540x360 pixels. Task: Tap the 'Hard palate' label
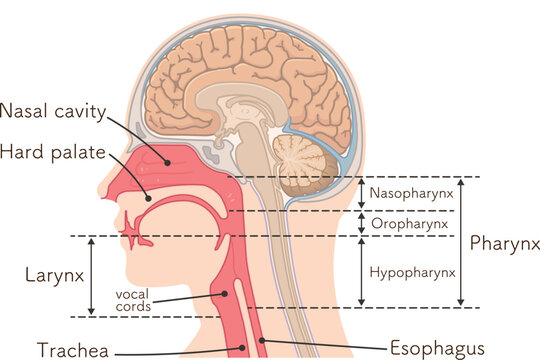click(48, 152)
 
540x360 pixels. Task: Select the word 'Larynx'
click(51, 273)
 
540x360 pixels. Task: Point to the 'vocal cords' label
click(133, 300)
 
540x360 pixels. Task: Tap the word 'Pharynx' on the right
click(504, 243)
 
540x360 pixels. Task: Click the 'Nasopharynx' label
click(412, 192)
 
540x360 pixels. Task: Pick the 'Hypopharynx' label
click(412, 271)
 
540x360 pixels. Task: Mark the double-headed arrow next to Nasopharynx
click(362, 193)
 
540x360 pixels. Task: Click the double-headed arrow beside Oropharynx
click(362, 223)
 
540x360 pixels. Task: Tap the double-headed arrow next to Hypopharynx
click(362, 271)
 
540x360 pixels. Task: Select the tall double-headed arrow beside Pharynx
click(461, 241)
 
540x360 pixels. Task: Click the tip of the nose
click(103, 193)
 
